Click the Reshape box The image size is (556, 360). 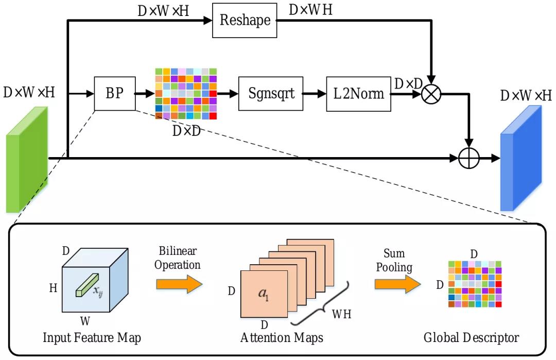click(245, 20)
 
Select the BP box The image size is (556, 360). click(115, 94)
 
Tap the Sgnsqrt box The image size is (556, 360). click(271, 94)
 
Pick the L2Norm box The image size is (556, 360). click(358, 94)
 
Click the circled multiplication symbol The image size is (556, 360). click(431, 94)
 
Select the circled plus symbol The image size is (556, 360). click(469, 158)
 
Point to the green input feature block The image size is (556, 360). click(27, 160)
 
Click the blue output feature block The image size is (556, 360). click(521, 158)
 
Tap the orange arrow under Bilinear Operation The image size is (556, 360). click(180, 284)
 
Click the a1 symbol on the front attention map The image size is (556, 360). click(264, 294)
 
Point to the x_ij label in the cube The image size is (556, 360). click(98, 291)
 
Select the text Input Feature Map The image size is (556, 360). click(92, 337)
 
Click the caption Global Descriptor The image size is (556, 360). click(471, 337)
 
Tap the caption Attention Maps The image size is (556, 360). click(282, 337)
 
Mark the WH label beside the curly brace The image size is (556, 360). click(341, 314)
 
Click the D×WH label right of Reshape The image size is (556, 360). click(310, 10)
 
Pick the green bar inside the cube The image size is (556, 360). click(87, 285)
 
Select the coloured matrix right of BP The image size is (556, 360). click(186, 94)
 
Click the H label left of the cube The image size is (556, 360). click(53, 288)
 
